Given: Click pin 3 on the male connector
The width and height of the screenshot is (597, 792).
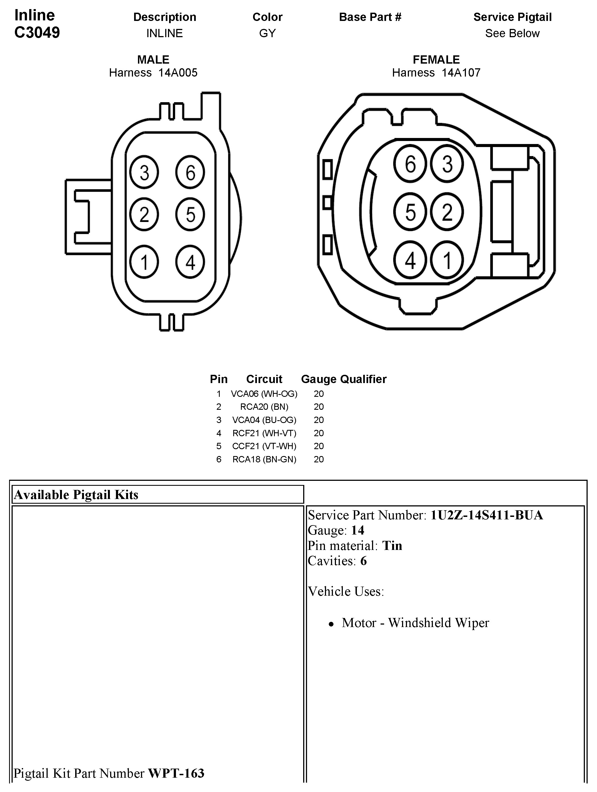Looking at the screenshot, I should (x=144, y=172).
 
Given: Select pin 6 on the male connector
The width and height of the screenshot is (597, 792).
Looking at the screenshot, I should (x=190, y=172).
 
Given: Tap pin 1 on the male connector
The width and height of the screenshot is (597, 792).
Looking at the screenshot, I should (x=144, y=262).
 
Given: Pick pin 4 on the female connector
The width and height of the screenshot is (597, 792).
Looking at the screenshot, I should (x=410, y=260).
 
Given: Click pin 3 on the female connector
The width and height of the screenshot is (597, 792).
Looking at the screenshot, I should (x=447, y=164).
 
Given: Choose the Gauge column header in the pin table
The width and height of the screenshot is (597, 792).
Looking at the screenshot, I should (x=318, y=379).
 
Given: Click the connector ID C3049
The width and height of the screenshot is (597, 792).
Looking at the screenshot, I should (x=37, y=32).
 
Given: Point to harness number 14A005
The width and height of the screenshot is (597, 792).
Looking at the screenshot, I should (x=178, y=73).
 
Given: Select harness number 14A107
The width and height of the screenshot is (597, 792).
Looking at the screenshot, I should (x=461, y=73).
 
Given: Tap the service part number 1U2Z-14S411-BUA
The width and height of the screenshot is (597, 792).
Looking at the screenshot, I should (x=486, y=515).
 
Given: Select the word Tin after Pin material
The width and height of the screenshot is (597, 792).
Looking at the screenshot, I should (x=392, y=545).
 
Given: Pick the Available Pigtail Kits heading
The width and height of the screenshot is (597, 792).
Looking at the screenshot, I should (x=76, y=495).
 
